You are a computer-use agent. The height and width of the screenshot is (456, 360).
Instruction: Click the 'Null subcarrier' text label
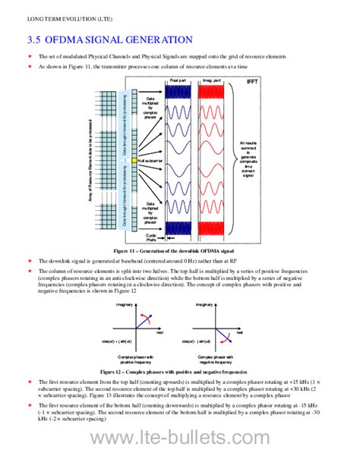151,161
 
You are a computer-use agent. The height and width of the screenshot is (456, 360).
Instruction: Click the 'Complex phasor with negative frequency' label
212,358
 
